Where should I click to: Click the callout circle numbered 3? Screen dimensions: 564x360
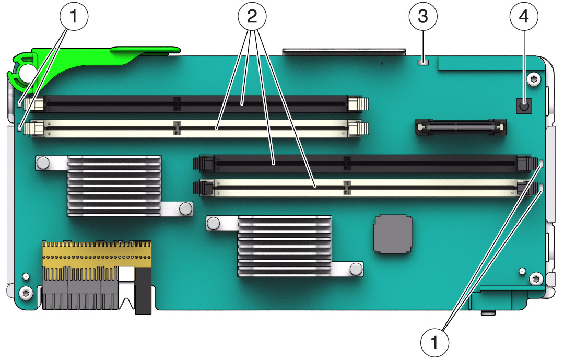point(423,17)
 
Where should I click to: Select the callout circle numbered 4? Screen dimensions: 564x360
point(524,17)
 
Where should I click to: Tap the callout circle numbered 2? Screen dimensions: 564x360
point(252,17)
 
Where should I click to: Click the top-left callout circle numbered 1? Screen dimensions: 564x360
point(74,17)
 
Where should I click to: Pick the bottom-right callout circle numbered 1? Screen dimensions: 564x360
point(434,342)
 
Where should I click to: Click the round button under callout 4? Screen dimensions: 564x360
point(524,106)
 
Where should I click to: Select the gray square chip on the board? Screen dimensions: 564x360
point(393,234)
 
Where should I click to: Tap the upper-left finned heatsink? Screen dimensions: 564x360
point(114,186)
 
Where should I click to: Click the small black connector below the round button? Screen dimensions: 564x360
point(461,127)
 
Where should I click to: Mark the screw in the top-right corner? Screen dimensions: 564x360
point(534,79)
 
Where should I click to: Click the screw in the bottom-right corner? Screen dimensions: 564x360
point(536,279)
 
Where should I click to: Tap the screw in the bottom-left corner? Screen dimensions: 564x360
point(26,293)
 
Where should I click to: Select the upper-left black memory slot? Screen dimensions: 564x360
point(196,103)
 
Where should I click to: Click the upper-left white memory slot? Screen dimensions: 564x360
point(196,128)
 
